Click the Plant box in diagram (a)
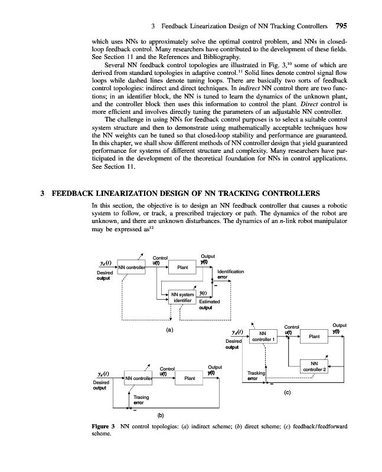click(183, 267)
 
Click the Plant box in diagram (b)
click(191, 378)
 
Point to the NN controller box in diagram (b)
click(142, 378)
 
